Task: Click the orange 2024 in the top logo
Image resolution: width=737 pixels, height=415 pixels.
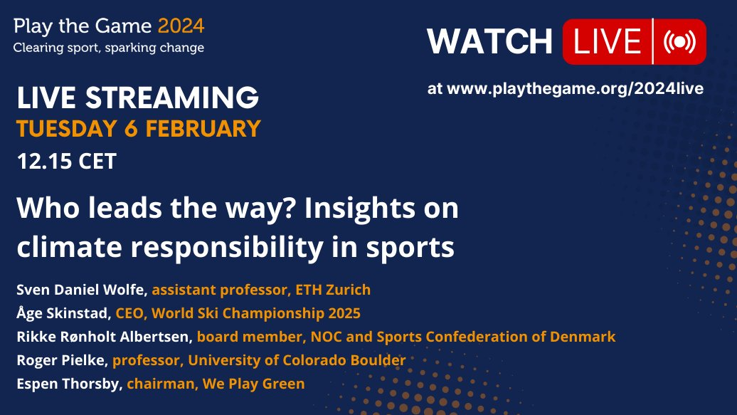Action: (x=181, y=26)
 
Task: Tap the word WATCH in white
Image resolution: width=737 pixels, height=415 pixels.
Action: (x=489, y=41)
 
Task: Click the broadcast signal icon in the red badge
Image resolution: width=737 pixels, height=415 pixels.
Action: (x=679, y=41)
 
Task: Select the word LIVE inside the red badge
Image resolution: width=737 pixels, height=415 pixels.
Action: (x=608, y=41)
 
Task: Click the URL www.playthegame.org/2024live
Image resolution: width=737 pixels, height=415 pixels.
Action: (x=575, y=89)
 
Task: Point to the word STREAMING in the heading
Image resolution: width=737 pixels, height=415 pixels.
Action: (x=172, y=98)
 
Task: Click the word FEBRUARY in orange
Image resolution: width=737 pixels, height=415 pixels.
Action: (x=203, y=129)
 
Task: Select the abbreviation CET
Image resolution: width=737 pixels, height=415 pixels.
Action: (x=97, y=162)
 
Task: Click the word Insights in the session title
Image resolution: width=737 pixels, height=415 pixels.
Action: (x=360, y=208)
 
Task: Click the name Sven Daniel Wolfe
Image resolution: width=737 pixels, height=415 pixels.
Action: (x=80, y=290)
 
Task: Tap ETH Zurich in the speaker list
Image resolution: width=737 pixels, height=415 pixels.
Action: (x=333, y=290)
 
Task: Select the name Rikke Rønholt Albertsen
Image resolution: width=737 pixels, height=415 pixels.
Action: (x=103, y=337)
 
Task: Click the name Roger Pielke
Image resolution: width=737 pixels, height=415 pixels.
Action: (x=60, y=360)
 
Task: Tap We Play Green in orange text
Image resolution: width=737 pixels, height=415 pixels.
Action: (x=254, y=384)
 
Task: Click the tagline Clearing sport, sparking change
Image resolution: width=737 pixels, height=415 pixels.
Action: (x=109, y=48)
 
